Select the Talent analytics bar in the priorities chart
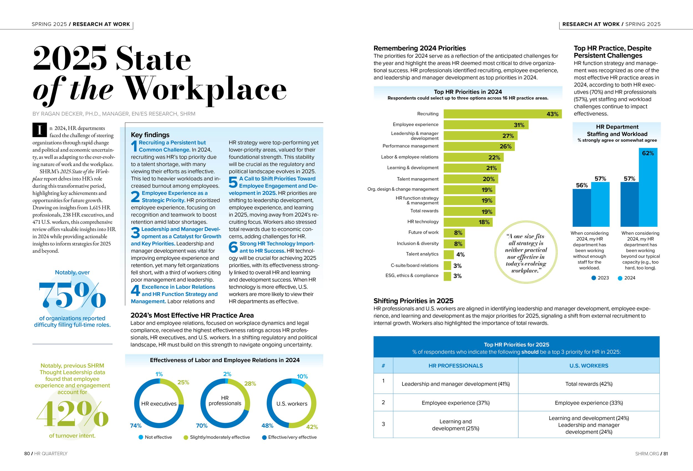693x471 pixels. [449, 254]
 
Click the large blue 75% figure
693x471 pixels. [72, 295]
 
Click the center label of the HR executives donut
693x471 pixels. [159, 404]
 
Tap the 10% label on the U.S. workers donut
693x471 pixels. [302, 376]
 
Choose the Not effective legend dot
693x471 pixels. [141, 437]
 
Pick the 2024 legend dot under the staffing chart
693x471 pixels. [620, 278]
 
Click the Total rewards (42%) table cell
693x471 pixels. [588, 384]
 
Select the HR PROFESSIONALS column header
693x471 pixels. [455, 366]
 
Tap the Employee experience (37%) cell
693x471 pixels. [455, 403]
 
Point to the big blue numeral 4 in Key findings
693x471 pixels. [135, 290]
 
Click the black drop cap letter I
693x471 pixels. [39, 130]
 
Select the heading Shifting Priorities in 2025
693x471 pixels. [413, 301]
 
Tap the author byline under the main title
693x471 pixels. [114, 114]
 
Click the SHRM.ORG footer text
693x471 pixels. [647, 454]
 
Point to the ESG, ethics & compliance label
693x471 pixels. [412, 275]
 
